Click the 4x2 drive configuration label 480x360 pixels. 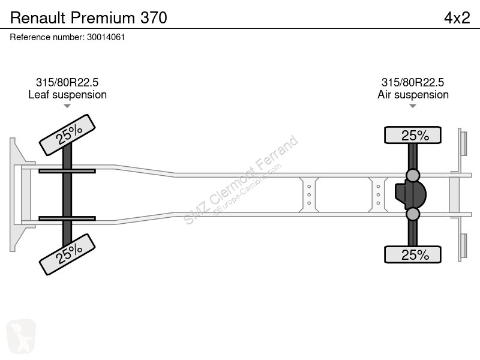[x=457, y=18]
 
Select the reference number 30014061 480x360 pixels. [x=106, y=37]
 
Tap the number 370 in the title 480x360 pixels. [x=154, y=18]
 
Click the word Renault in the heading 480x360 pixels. [x=38, y=18]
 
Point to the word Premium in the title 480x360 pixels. [x=103, y=18]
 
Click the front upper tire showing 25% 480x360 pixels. [x=67, y=135]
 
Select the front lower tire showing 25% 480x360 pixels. [x=67, y=254]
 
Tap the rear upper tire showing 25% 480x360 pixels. [x=413, y=135]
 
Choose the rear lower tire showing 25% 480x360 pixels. [x=413, y=254]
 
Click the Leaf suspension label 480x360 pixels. [x=67, y=95]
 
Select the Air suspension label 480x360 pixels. [x=413, y=95]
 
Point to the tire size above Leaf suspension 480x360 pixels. [x=67, y=82]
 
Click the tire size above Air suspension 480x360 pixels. [x=413, y=82]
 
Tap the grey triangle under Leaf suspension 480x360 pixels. [x=67, y=106]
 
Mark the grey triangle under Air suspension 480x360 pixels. [x=413, y=106]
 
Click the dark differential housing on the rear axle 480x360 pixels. [x=410, y=194]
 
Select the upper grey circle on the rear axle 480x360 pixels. [x=413, y=175]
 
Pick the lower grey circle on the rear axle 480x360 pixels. [x=413, y=214]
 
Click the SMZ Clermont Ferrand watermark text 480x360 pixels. [x=241, y=180]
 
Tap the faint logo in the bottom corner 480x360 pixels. [x=21, y=336]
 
